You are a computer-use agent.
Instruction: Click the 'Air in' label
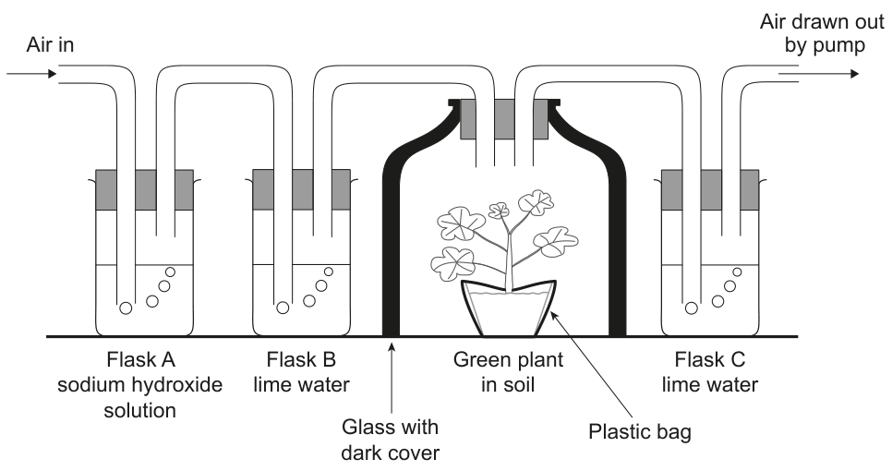(50, 45)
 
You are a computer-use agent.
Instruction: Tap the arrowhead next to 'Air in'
(53, 73)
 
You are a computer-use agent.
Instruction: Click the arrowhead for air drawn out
(854, 73)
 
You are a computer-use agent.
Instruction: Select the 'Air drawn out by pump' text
(822, 33)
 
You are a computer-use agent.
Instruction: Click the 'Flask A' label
(141, 359)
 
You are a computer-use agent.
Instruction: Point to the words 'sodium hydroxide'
(140, 384)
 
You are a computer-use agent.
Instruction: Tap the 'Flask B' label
(302, 359)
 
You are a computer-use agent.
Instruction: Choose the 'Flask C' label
(710, 359)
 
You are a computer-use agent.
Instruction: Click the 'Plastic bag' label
(640, 432)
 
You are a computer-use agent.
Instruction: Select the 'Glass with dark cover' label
(391, 440)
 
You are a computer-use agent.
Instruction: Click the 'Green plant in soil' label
(508, 372)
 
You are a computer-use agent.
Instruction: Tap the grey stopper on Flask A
(144, 189)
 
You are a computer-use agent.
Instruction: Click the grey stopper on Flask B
(302, 189)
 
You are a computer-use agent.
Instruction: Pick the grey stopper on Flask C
(710, 189)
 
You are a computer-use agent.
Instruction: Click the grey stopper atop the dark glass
(504, 119)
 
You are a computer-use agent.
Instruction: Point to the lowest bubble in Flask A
(126, 308)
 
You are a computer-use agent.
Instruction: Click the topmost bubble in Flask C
(737, 272)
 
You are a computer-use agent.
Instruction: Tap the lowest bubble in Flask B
(283, 308)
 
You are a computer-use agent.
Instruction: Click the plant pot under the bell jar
(509, 308)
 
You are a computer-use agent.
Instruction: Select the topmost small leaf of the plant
(499, 211)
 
